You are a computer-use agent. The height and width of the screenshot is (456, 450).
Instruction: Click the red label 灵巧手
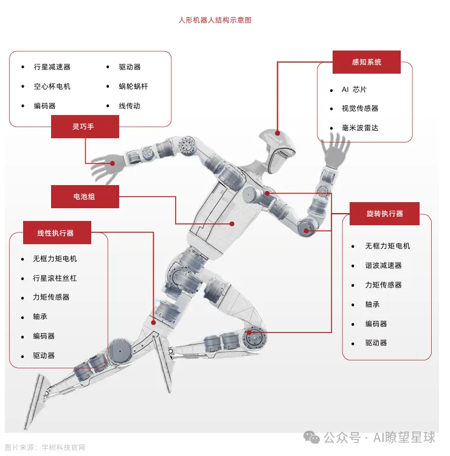(85, 127)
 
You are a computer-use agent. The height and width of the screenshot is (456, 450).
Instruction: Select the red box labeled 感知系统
(366, 62)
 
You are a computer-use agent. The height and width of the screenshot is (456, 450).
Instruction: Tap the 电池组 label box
(85, 197)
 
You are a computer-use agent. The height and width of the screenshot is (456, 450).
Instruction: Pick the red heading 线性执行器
(56, 233)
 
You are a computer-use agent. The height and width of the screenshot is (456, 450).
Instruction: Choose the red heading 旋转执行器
(384, 214)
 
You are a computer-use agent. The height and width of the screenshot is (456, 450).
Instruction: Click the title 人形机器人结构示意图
(215, 20)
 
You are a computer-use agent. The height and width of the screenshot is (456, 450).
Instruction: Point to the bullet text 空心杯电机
(52, 86)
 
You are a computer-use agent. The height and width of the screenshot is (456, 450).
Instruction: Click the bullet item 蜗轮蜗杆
(133, 86)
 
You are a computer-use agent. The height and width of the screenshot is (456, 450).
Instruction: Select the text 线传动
(130, 106)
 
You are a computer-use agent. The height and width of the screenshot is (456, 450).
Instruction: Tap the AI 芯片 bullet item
(354, 89)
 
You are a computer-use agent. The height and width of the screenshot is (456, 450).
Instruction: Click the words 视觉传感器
(360, 108)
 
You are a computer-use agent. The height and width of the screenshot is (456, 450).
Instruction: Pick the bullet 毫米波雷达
(360, 128)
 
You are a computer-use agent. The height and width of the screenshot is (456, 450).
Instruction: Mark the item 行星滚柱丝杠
(55, 278)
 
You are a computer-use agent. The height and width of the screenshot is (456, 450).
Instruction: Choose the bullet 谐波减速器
(383, 265)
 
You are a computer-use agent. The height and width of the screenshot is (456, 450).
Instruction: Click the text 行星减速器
(52, 67)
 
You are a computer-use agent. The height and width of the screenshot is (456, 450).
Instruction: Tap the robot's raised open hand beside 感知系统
(333, 151)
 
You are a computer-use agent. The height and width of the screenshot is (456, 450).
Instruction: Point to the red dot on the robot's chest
(232, 223)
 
